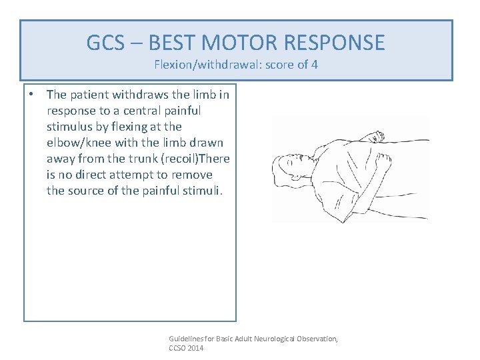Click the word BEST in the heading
tap(172, 43)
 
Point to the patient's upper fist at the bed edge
tap(374, 137)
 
